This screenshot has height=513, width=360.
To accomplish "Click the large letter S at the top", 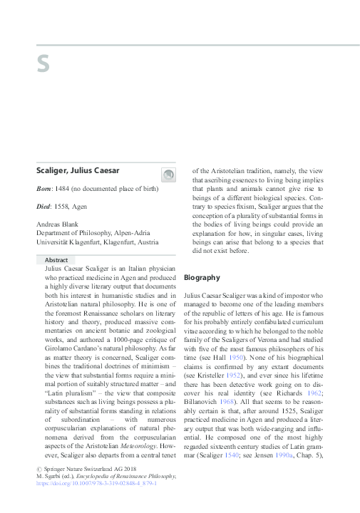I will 43,63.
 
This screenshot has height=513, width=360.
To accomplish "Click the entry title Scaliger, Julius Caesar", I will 78,170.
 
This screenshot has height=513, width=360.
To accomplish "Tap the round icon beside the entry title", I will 168,175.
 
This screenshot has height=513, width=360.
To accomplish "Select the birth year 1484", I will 70,188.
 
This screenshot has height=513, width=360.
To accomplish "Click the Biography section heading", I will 202,276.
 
